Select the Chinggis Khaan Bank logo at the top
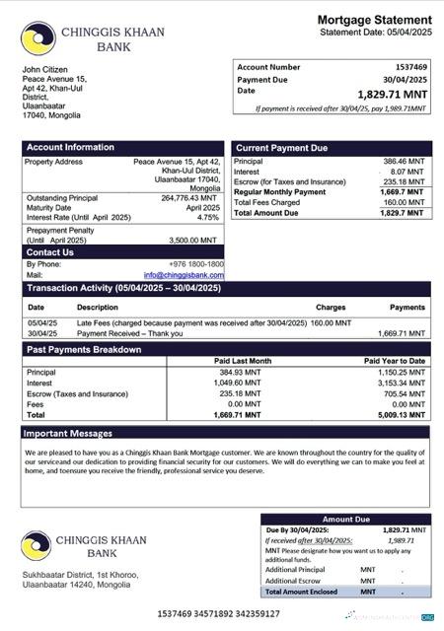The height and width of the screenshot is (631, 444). pyautogui.click(x=37, y=38)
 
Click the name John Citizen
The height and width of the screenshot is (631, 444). pyautogui.click(x=45, y=69)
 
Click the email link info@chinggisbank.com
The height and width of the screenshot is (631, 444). pyautogui.click(x=184, y=275)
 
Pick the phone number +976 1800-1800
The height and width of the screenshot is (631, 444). pyautogui.click(x=195, y=264)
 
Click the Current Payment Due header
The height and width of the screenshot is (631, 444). pyautogui.click(x=281, y=148)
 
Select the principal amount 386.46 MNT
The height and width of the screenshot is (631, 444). pyautogui.click(x=404, y=161)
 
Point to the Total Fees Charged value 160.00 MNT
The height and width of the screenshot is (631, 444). pyautogui.click(x=405, y=202)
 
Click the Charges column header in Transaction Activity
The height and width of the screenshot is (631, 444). pyautogui.click(x=331, y=308)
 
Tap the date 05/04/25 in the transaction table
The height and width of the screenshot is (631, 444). pyautogui.click(x=42, y=322)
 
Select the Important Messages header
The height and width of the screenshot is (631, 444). pyautogui.click(x=68, y=433)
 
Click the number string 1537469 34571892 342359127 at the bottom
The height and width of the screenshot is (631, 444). pyautogui.click(x=218, y=614)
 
